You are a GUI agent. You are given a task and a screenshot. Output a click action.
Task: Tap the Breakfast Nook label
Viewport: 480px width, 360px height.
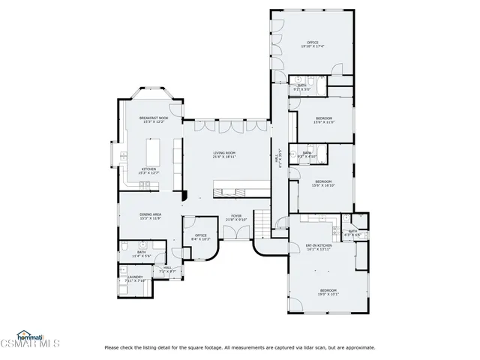[154, 119]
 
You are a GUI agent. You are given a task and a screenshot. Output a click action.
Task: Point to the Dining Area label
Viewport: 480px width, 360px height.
[150, 216]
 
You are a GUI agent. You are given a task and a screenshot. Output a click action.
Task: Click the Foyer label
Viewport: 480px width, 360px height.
[236, 217]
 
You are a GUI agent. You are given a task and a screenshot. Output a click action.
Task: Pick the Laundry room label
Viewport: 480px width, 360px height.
[135, 278]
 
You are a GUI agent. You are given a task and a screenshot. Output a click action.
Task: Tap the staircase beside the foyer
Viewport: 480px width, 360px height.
[261, 222]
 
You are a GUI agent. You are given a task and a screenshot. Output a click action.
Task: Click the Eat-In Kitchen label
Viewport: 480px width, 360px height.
[319, 245]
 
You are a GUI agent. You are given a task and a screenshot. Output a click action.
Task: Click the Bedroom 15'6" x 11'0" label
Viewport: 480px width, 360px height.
[324, 119]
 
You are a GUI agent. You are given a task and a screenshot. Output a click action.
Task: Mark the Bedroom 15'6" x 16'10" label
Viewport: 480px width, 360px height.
[323, 182]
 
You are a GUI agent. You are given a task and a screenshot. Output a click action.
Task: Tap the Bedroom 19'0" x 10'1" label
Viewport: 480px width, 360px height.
[328, 292]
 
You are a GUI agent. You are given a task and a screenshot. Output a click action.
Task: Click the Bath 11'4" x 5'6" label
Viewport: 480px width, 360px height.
[141, 254]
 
